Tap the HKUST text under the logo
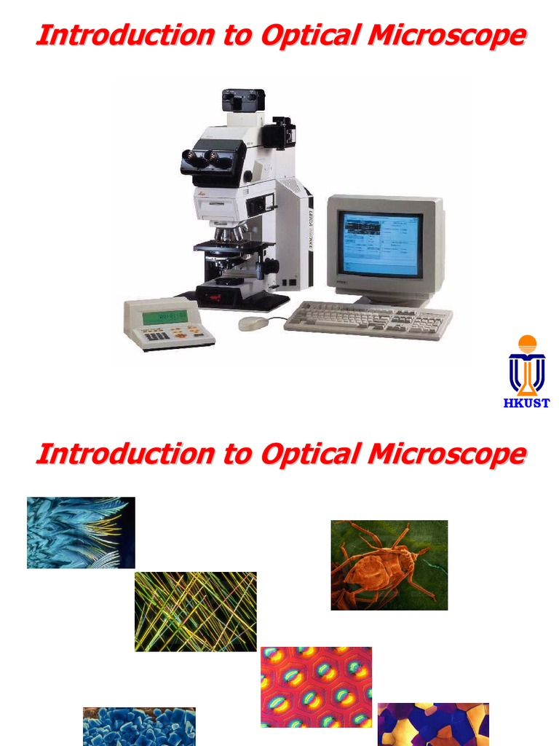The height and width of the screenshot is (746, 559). point(526,403)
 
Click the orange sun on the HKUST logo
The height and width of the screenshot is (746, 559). point(527,344)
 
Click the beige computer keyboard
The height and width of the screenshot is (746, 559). point(368,319)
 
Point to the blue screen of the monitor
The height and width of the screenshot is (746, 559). point(380,245)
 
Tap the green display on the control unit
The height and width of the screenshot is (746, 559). point(164,317)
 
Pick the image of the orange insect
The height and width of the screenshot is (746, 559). point(389,565)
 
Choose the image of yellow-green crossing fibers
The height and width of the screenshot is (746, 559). point(196,611)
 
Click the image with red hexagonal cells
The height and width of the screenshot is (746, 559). point(316,686)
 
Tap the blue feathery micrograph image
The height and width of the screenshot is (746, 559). point(81,532)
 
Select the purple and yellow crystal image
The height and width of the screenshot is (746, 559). point(433,724)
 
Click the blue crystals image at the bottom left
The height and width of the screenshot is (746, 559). point(139,726)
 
